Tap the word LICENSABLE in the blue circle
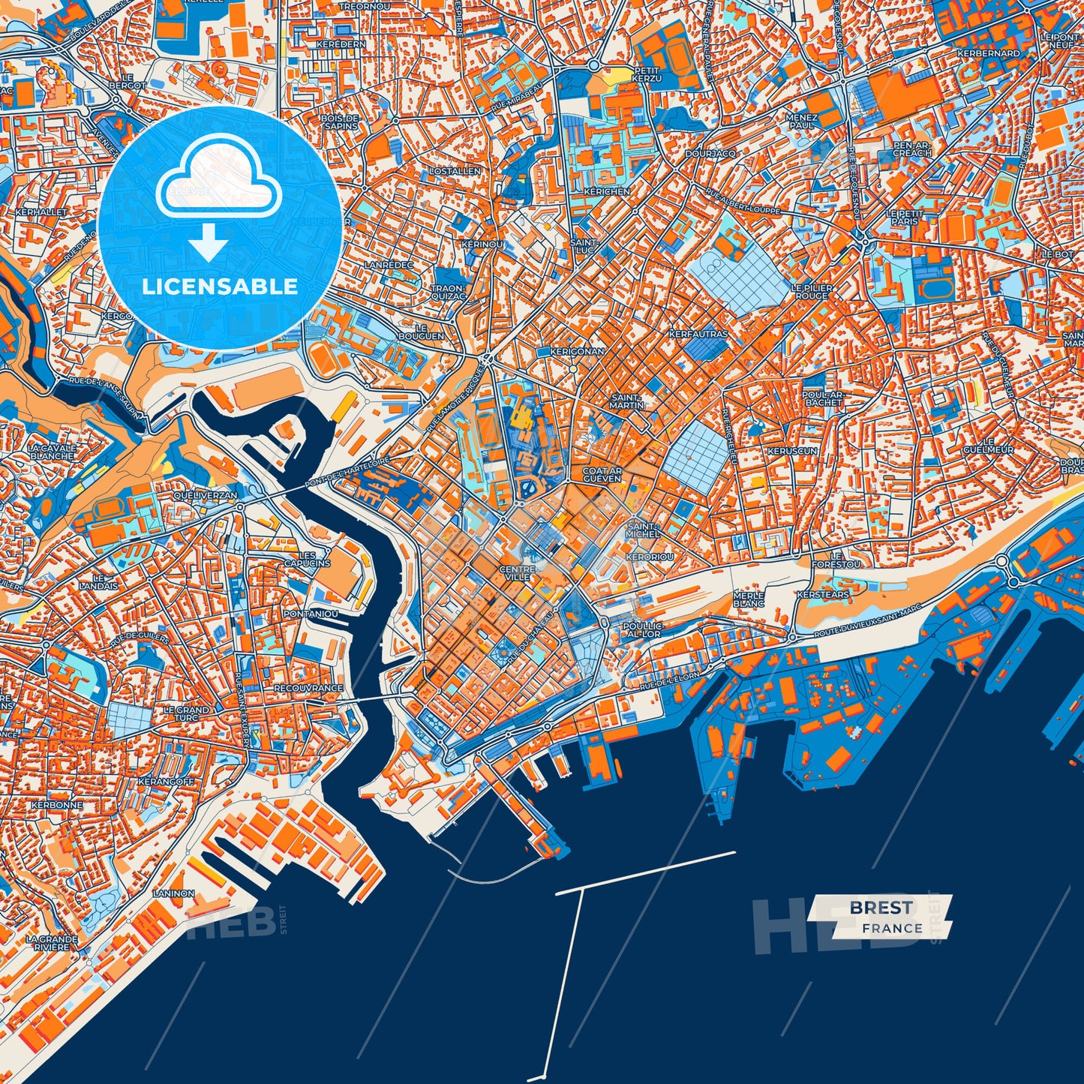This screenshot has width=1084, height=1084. pos(221,287)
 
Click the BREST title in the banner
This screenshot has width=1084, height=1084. pos(881,908)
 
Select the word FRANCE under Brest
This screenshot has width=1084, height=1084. pos(892,929)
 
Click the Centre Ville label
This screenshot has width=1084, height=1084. pos(518,573)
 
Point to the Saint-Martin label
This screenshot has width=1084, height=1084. pos(626,401)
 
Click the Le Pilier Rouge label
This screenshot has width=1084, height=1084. pos(811,292)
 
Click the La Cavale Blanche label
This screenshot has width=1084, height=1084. pos(51,452)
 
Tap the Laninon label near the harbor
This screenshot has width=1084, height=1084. pos(174,894)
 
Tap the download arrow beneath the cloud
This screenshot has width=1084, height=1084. pos(209,245)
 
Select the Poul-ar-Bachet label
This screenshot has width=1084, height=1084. pos(823,398)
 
